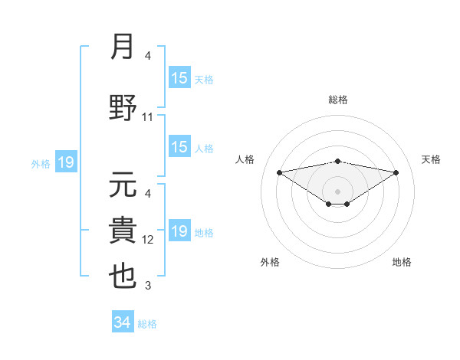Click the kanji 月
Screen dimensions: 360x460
pos(123,48)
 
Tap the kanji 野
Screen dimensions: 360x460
pos(123,108)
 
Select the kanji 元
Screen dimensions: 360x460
pos(123,185)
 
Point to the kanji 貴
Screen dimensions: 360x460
pos(123,231)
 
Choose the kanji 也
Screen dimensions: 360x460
pos(123,277)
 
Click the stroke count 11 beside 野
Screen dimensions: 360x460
pos(148,117)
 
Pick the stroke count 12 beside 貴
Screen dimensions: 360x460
pos(148,240)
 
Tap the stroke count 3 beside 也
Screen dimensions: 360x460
pos(148,286)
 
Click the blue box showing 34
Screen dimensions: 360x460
pos(122,322)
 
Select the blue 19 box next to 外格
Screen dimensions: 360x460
pos(65,162)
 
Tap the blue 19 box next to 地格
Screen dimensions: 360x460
pos(179,231)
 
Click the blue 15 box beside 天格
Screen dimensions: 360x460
pos(179,78)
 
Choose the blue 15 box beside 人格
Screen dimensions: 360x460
pos(179,147)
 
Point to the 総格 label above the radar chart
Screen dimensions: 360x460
pos(337,100)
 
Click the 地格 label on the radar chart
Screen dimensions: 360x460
pos(402,262)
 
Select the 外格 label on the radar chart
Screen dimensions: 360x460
pos(270,262)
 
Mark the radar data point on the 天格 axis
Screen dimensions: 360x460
pos(396,172)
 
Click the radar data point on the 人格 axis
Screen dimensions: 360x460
pos(279,172)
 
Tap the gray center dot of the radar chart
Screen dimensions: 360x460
pos(337,191)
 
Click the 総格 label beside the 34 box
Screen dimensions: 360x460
pos(147,324)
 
